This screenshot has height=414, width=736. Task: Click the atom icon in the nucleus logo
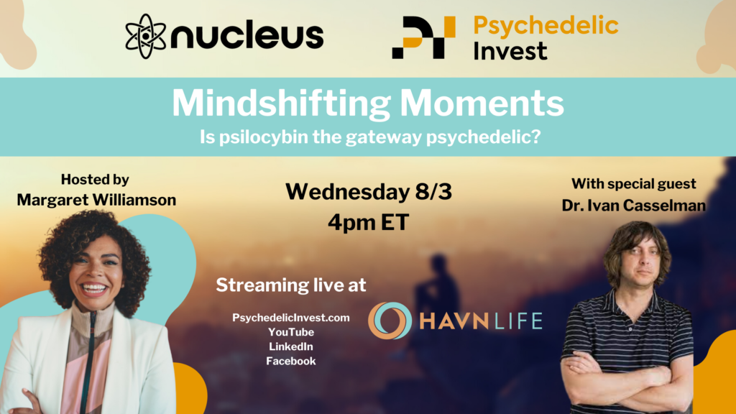145,36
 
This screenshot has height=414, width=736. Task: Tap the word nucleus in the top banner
247,36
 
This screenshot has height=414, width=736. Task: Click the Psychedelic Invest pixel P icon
423,37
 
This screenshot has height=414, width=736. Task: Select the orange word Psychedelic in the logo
546,26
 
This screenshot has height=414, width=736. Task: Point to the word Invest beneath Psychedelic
510,51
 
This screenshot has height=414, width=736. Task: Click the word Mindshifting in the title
281,103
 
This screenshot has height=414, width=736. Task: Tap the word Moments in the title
482,103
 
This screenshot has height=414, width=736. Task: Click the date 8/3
433,191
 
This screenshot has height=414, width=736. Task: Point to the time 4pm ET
369,222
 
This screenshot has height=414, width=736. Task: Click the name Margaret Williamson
97,200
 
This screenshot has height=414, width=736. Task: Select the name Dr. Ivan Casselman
634,205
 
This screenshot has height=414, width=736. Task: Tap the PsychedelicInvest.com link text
291,318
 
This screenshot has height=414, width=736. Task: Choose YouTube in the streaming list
291,332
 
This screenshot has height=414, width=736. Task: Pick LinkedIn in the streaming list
291,346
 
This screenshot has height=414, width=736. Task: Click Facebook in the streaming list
291,361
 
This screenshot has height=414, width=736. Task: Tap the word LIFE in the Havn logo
518,321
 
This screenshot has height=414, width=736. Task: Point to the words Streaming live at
291,285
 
